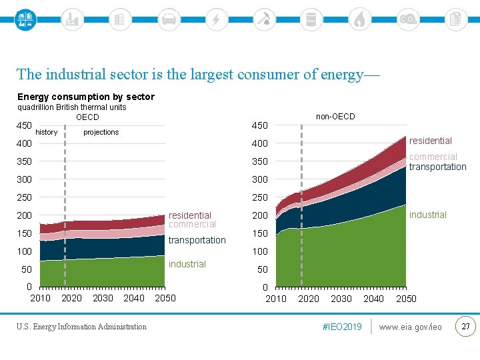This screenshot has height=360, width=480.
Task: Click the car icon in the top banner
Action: (x=169, y=19)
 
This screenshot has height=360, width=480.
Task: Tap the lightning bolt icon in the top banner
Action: (x=216, y=19)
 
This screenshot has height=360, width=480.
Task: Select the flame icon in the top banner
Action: (x=359, y=19)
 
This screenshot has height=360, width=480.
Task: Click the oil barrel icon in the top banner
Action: (x=311, y=19)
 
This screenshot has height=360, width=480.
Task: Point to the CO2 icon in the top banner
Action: (x=407, y=19)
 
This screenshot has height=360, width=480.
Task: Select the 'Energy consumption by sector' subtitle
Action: (x=86, y=97)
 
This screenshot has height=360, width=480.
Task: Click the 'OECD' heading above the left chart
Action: (x=87, y=117)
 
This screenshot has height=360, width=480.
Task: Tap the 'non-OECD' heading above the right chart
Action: (x=335, y=117)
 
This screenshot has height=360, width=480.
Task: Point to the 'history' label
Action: (x=47, y=132)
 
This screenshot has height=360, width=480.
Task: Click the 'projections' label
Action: (x=101, y=132)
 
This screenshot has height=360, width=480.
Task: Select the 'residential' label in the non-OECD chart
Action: (x=431, y=141)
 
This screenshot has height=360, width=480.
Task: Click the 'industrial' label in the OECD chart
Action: (x=187, y=264)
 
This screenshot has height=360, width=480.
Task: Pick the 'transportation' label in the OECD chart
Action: (x=197, y=240)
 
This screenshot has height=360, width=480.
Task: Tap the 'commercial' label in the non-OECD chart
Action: (x=433, y=157)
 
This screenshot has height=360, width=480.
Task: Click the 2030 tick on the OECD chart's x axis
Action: (x=103, y=298)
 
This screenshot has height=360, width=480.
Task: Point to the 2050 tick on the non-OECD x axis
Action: (x=406, y=299)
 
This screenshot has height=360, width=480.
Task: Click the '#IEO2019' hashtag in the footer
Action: (x=342, y=327)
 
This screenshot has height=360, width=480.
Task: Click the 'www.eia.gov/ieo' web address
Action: (x=411, y=327)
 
